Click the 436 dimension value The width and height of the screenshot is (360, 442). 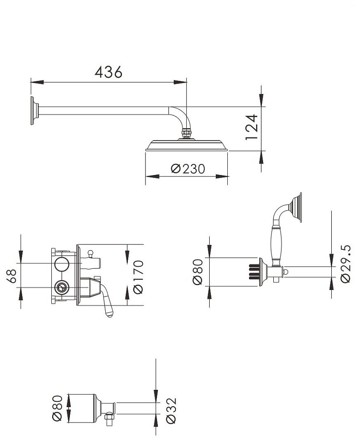click(108, 72)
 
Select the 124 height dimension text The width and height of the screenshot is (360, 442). click(252, 127)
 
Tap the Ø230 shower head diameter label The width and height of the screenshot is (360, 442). click(188, 169)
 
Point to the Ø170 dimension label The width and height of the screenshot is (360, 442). click(138, 277)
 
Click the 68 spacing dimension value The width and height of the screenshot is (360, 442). click(12, 276)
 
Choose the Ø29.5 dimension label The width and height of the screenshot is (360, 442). click(345, 263)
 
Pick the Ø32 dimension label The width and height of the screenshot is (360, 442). click(171, 411)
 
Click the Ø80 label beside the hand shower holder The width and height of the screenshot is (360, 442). click(198, 272)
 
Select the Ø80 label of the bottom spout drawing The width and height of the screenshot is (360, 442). click(57, 408)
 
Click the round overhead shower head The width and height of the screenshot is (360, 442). click(187, 145)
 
